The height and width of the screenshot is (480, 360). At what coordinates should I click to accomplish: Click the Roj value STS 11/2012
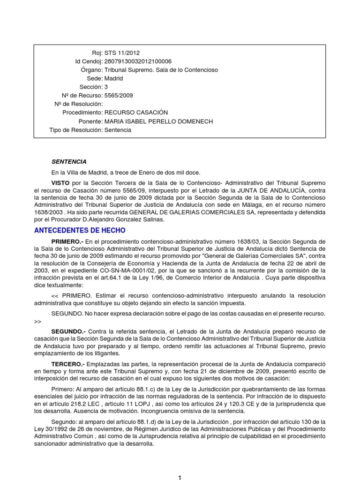122,53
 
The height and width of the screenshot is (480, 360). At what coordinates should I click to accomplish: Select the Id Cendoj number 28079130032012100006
138,61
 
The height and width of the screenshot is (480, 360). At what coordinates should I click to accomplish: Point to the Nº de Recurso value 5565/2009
119,96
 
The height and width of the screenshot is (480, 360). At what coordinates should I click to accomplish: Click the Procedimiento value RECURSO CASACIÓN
136,113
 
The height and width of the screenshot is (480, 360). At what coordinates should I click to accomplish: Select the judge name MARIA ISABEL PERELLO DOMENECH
158,121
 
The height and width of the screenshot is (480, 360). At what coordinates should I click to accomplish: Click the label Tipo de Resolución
75,130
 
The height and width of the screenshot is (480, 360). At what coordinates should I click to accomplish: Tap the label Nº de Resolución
78,104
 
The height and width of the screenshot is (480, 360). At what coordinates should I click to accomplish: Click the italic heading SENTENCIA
69,162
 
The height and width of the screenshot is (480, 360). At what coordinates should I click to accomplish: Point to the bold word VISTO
61,182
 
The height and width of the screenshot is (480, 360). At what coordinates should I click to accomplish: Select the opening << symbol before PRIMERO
55,296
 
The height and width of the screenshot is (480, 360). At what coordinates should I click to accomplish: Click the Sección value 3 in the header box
106,87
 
